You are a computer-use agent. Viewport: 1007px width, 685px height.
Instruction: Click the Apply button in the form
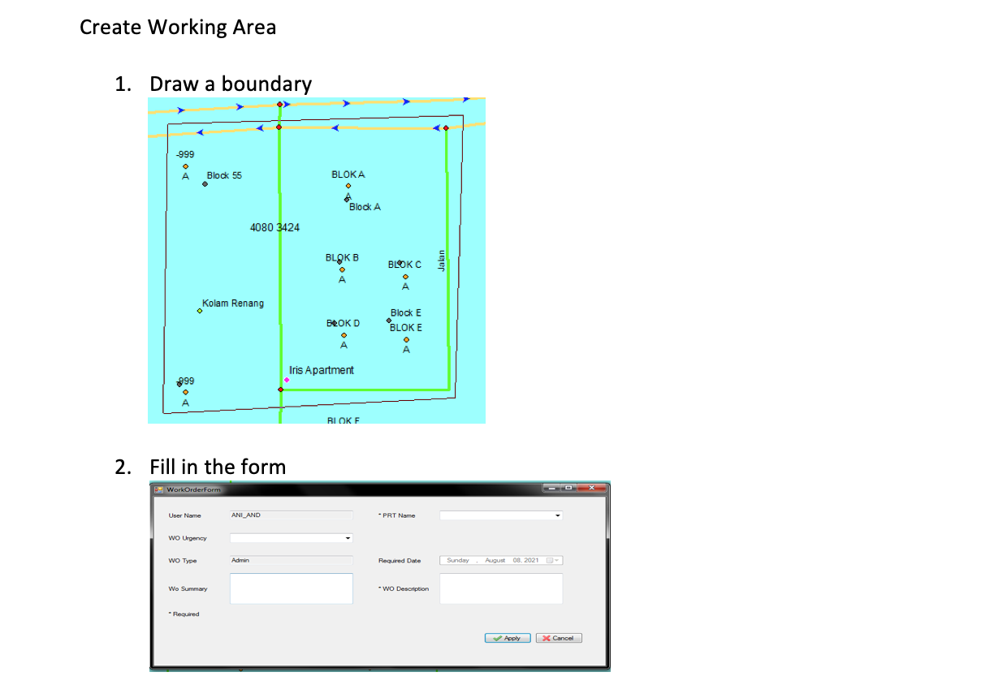(508, 638)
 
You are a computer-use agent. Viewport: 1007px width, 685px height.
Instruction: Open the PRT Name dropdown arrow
(557, 515)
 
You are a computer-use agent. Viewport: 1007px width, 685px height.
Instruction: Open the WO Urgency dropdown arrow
(348, 538)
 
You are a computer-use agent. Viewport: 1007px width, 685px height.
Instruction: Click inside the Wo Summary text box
(291, 588)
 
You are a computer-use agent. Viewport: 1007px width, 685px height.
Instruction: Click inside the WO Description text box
(500, 588)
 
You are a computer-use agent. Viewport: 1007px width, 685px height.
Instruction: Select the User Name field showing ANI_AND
(291, 515)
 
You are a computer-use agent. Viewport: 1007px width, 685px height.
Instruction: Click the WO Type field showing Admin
(291, 560)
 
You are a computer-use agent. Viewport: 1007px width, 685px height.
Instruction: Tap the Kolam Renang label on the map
(233, 304)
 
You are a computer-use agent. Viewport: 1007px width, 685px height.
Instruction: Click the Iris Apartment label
(322, 370)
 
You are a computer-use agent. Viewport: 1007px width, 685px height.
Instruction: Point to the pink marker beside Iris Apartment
(287, 380)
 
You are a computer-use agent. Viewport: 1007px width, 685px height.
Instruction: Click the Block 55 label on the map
(224, 175)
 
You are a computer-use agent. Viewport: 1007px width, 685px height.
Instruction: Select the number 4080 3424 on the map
(274, 227)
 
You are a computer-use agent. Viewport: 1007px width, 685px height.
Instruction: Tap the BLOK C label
(404, 265)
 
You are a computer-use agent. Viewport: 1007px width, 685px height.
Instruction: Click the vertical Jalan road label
(442, 261)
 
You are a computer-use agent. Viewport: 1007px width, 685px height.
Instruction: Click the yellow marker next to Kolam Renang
(200, 311)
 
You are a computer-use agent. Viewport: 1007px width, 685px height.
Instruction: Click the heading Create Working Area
(178, 28)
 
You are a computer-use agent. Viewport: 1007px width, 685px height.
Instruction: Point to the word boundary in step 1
(266, 84)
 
